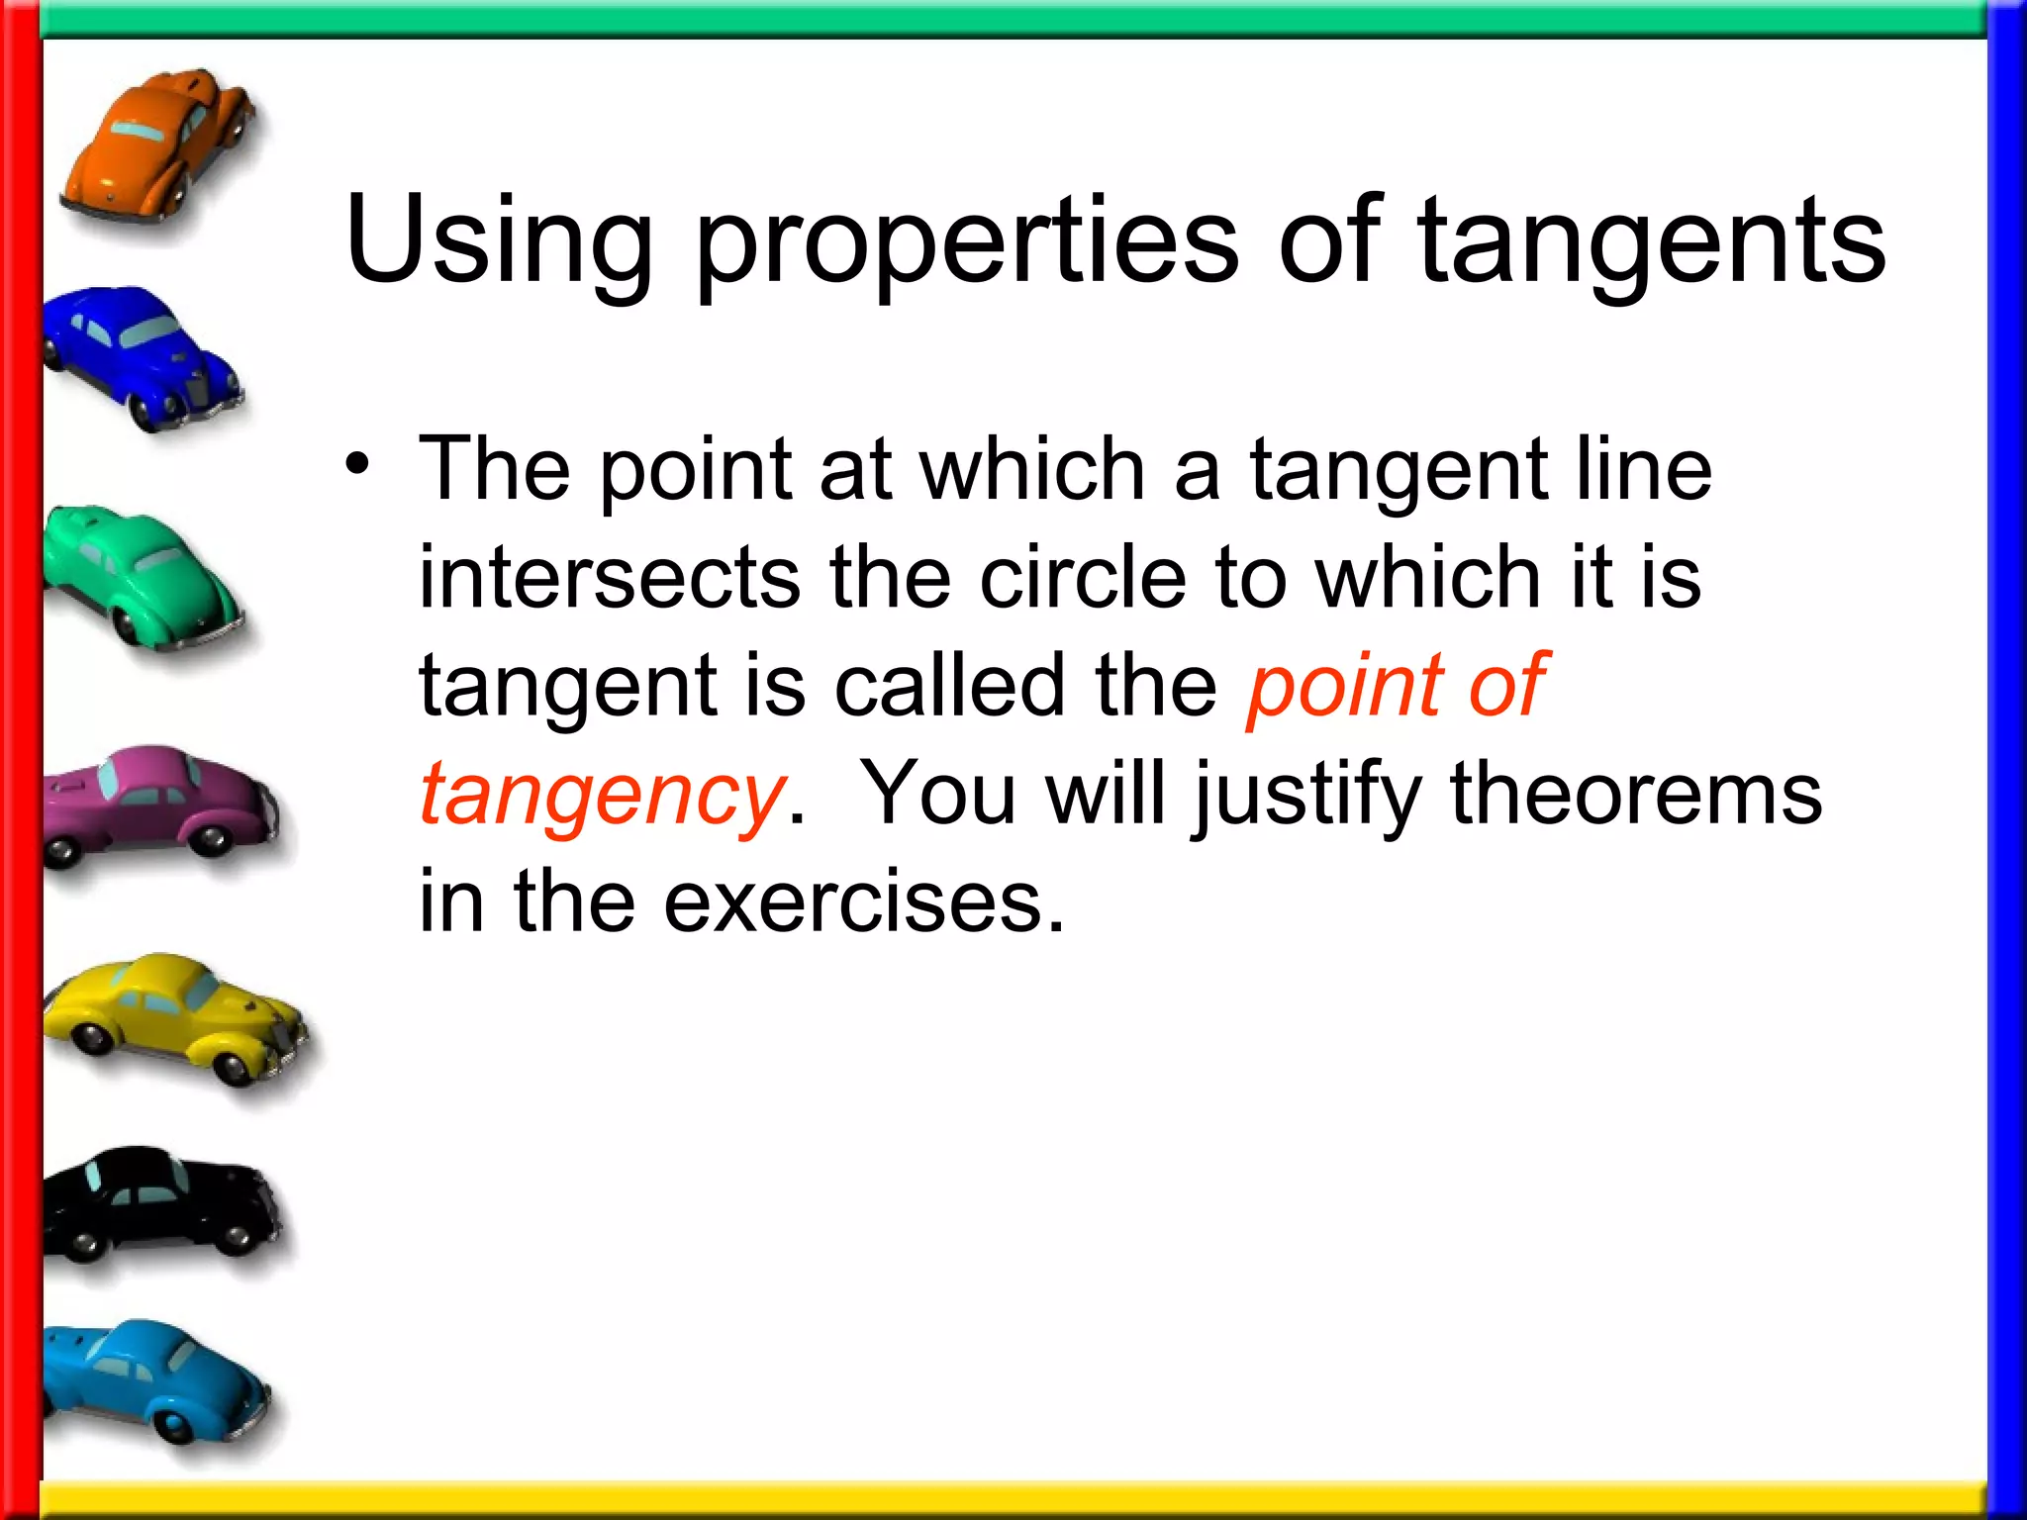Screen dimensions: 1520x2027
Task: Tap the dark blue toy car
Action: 139,356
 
